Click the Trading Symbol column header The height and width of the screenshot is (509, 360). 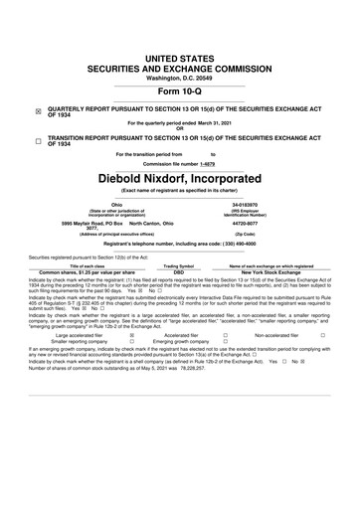[179, 265]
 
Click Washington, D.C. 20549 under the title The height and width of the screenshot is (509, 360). [179, 50]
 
